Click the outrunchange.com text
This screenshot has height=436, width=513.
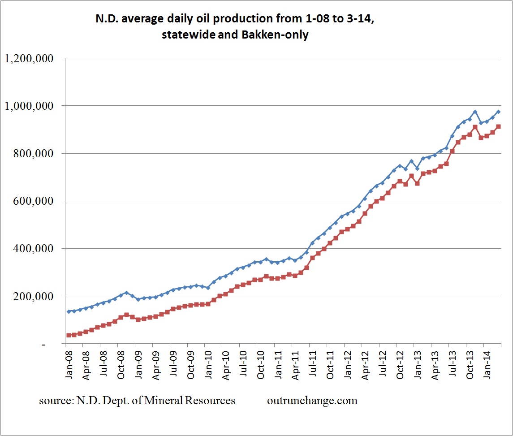[312, 401]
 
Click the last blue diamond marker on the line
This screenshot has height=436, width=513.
[498, 112]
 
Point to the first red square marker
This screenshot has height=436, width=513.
[69, 335]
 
